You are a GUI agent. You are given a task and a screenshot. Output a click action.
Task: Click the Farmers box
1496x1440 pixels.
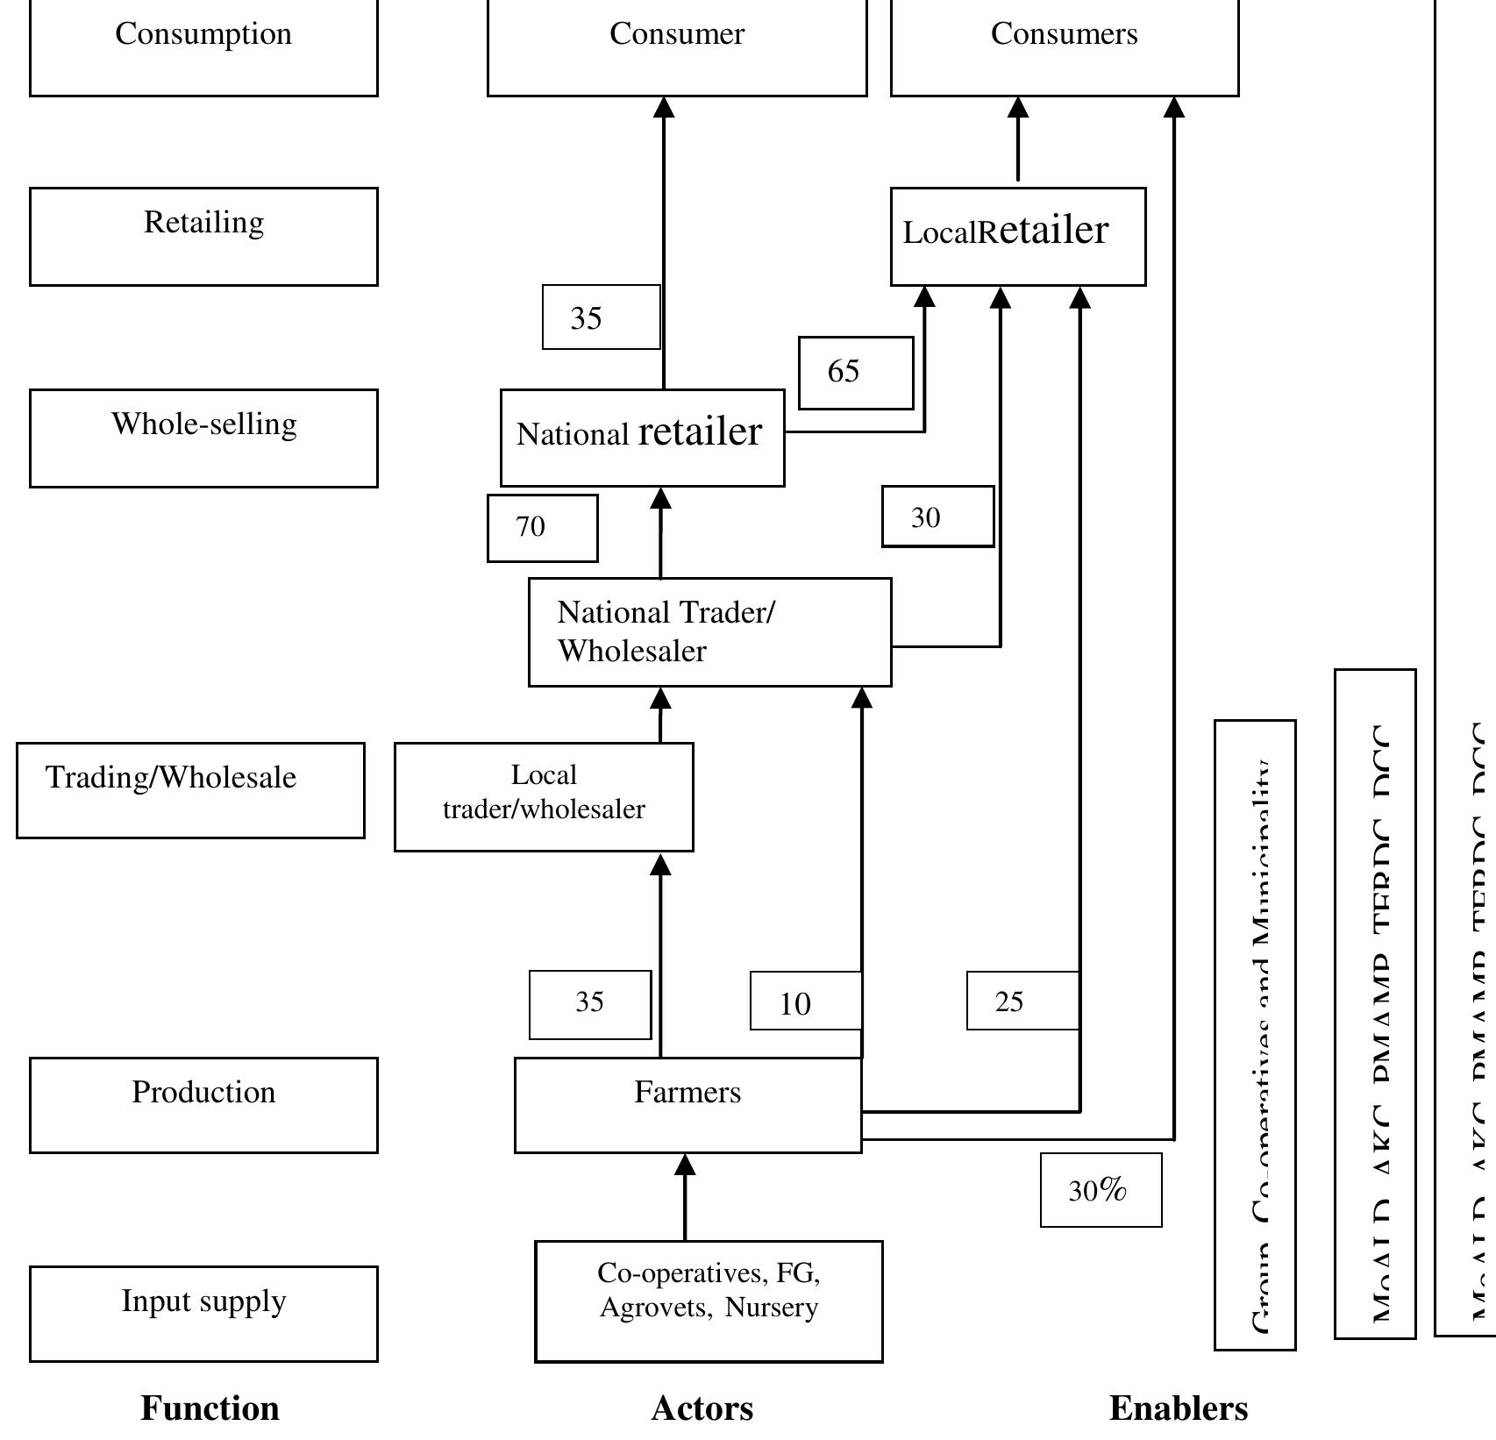[687, 1104]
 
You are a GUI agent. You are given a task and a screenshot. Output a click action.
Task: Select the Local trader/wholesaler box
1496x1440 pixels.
[544, 796]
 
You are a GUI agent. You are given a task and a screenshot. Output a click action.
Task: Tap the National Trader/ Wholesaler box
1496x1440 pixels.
[709, 631]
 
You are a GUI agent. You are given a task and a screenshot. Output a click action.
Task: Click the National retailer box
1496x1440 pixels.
[642, 437]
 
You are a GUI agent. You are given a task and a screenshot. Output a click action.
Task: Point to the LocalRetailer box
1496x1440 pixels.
[1017, 236]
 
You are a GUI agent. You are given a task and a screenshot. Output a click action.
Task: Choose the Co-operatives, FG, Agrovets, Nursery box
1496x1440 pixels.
[709, 1301]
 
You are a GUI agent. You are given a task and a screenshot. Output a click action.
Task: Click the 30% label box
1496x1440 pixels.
[1101, 1190]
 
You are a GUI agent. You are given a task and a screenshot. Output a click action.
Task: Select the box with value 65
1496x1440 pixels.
[855, 372]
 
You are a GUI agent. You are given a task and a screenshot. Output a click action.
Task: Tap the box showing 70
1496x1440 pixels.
[542, 527]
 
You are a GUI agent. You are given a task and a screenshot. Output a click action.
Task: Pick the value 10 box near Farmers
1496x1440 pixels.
[805, 1001]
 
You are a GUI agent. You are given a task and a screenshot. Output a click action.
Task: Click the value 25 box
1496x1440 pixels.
[1022, 1000]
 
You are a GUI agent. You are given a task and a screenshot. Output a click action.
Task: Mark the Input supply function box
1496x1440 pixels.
[203, 1313]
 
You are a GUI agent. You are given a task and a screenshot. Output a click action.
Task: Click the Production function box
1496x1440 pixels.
[203, 1104]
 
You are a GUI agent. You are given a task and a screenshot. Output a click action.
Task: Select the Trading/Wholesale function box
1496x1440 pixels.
[190, 789]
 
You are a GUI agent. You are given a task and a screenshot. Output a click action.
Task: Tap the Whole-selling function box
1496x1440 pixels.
[203, 437]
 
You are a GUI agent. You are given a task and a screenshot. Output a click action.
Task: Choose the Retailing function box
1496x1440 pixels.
[203, 236]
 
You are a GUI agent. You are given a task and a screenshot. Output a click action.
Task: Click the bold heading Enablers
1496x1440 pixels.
[1178, 1408]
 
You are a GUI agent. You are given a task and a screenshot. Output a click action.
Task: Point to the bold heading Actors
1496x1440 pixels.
[702, 1408]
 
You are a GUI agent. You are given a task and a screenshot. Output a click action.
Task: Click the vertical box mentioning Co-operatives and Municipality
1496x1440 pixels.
[1255, 1035]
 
